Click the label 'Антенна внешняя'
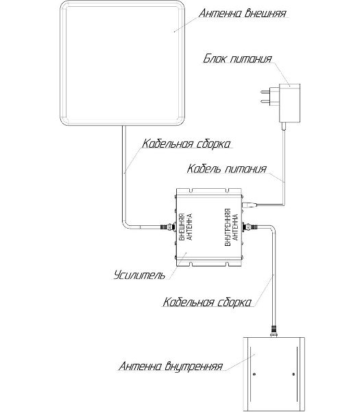tap(242, 13)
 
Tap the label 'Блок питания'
tap(237, 58)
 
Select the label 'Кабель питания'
tap(227, 169)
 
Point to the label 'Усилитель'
tap(140, 275)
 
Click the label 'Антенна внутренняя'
tap(171, 366)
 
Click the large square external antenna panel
tap(122, 62)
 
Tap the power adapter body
tap(289, 103)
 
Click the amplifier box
tap(210, 227)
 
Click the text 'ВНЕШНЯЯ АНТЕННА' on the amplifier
tap(185, 227)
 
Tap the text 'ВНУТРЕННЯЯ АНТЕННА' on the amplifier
tap(231, 227)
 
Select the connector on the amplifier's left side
tap(168, 227)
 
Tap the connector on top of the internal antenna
tap(274, 332)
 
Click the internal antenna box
tap(274, 374)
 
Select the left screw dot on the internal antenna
tap(254, 374)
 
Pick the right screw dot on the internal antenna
tap(293, 374)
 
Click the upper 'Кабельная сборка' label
tap(186, 144)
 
